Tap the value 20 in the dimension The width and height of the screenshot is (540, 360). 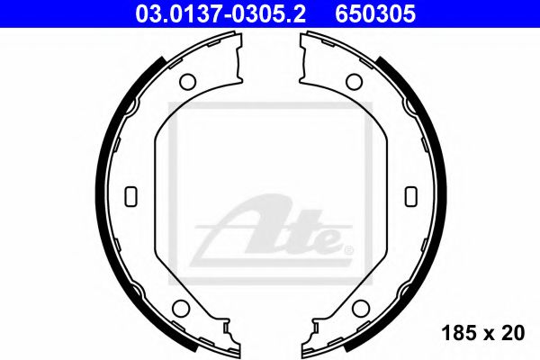[x=514, y=334]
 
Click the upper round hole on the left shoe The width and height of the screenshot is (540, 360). [x=188, y=82]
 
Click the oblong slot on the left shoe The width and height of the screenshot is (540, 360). [x=128, y=194]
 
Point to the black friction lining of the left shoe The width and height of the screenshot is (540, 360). [x=111, y=135]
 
